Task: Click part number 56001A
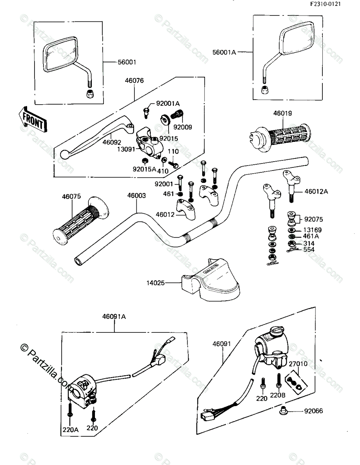click(x=224, y=52)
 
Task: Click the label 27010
click(x=298, y=364)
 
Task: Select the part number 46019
click(x=283, y=114)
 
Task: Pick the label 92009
click(x=182, y=127)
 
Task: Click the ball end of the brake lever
click(x=64, y=154)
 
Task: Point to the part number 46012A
click(x=316, y=191)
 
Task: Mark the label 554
click(x=309, y=250)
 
